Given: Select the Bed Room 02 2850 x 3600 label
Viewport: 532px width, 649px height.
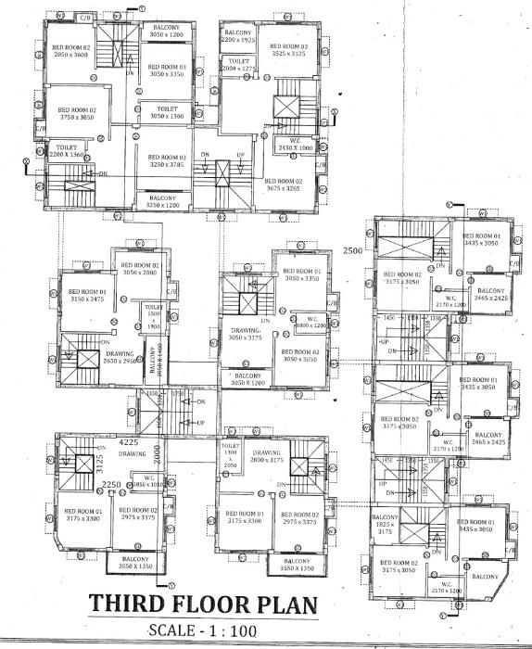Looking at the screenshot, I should [x=70, y=50].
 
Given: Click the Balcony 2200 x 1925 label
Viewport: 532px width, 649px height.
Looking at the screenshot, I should [x=238, y=37].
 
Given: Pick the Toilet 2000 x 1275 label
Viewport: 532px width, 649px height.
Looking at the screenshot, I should [x=238, y=65].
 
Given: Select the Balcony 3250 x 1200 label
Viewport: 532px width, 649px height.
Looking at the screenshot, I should [x=163, y=201].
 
